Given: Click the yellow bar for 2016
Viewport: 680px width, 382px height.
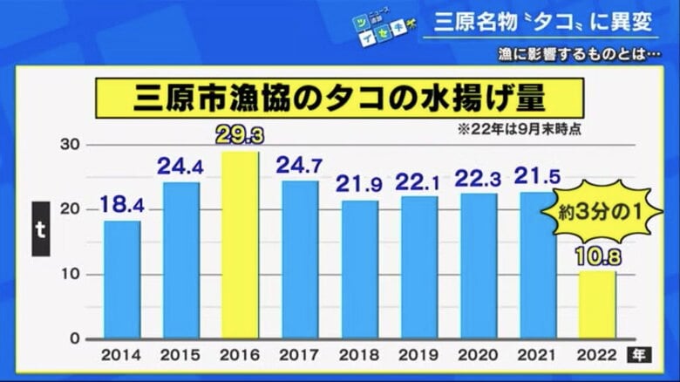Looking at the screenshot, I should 241,246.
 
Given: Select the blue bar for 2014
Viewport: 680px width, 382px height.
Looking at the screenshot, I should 122,280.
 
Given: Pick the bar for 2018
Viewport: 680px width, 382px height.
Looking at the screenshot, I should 359,269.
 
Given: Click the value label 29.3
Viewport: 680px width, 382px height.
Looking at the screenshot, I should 241,137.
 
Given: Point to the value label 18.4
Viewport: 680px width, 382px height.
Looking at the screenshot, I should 122,206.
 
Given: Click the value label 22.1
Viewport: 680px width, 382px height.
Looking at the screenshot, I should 419,182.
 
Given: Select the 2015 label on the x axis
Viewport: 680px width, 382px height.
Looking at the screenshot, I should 181,356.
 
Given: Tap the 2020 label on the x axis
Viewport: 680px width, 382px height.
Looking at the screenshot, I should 478,356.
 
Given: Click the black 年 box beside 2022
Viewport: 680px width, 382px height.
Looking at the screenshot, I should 639,355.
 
